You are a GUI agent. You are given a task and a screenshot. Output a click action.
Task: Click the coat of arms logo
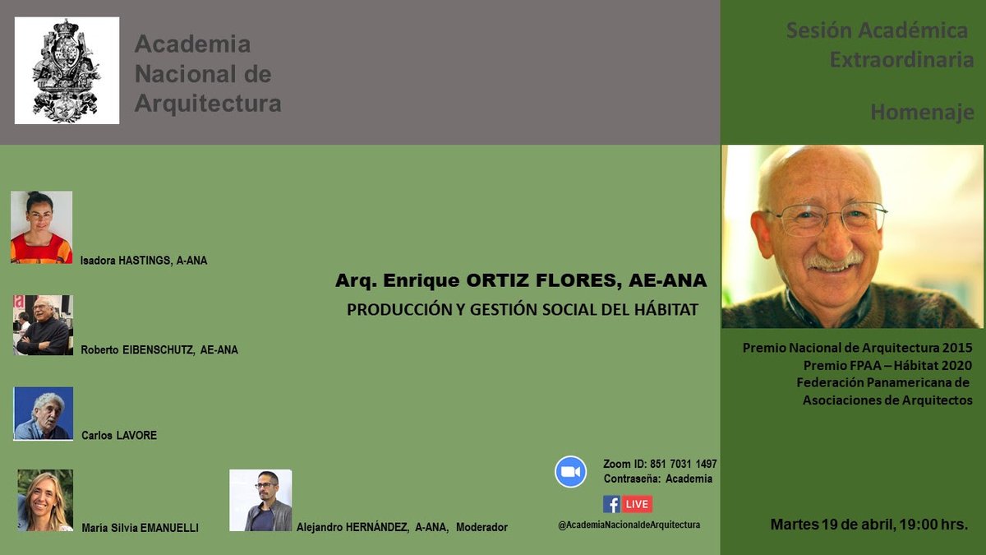click(x=67, y=71)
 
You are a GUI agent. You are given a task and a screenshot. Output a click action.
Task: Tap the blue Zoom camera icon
click(x=570, y=472)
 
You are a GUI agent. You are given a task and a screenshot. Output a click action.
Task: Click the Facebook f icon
click(x=611, y=504)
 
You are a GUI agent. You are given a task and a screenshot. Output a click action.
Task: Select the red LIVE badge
click(x=637, y=504)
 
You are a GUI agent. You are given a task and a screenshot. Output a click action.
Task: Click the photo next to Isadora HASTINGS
click(x=41, y=227)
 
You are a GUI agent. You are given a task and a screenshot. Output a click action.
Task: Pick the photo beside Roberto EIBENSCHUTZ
click(x=44, y=325)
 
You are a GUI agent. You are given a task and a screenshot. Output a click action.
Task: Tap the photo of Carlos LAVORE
click(x=44, y=413)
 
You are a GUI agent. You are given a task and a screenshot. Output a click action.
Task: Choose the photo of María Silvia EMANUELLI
click(x=45, y=500)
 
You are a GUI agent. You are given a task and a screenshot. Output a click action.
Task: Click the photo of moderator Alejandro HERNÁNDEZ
click(x=260, y=500)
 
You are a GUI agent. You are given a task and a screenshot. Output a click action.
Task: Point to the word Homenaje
click(x=922, y=113)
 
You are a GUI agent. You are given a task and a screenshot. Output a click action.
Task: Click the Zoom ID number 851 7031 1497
click(x=683, y=465)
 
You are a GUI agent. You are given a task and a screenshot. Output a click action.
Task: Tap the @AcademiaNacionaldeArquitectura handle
click(x=629, y=525)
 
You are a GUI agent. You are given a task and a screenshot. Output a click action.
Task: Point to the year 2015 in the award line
click(x=957, y=348)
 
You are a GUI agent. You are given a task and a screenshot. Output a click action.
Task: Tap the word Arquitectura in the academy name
click(x=208, y=104)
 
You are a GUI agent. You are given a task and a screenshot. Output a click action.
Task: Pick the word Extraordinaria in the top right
click(x=901, y=60)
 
